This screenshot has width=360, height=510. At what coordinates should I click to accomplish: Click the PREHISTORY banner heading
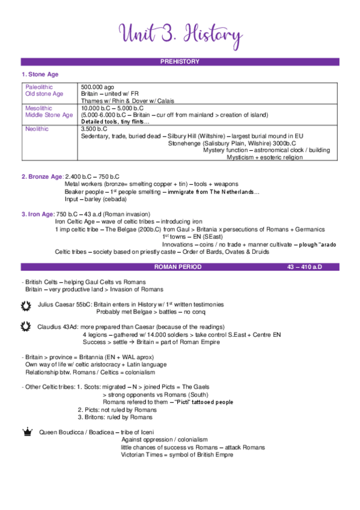point(180,62)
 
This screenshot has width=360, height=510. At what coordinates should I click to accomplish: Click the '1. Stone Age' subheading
point(40,75)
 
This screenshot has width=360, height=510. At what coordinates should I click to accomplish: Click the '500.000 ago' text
point(97,87)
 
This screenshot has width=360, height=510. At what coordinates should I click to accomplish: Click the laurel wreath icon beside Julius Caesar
point(26,305)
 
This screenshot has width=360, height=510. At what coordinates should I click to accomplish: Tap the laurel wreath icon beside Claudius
point(26,327)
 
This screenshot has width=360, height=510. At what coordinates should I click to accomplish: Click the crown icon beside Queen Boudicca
point(26,431)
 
